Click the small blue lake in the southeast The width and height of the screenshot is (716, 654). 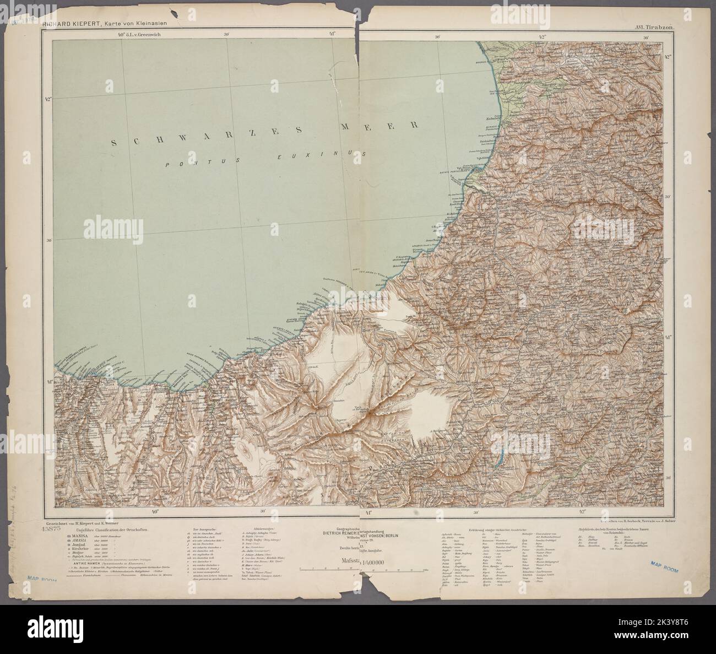point(501,458)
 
